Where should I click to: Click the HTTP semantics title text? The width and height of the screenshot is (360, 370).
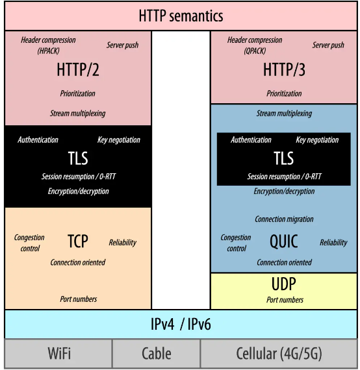pyautogui.click(x=181, y=16)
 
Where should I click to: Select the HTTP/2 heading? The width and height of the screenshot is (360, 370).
pyautogui.click(x=78, y=69)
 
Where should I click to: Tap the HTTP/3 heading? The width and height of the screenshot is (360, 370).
pyautogui.click(x=284, y=69)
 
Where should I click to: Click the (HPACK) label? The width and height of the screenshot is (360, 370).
pyautogui.click(x=49, y=51)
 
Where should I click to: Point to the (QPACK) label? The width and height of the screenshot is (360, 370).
pyautogui.click(x=255, y=51)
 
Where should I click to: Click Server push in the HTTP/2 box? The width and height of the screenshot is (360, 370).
pyautogui.click(x=122, y=45)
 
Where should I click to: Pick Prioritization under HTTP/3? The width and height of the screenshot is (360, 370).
pyautogui.click(x=284, y=93)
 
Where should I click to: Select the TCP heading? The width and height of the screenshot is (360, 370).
pyautogui.click(x=78, y=241)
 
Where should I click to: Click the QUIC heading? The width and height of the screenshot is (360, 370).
pyautogui.click(x=284, y=241)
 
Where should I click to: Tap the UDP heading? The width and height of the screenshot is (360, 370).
pyautogui.click(x=284, y=284)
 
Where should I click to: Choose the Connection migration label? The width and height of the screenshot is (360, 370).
pyautogui.click(x=284, y=219)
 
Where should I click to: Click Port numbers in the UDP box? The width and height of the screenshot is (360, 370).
pyautogui.click(x=285, y=300)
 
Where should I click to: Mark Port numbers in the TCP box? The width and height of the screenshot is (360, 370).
pyautogui.click(x=79, y=299)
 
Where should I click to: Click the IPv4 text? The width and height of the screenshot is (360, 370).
pyautogui.click(x=162, y=324)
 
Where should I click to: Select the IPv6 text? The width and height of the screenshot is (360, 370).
pyautogui.click(x=199, y=324)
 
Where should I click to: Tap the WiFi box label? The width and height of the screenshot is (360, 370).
pyautogui.click(x=59, y=353)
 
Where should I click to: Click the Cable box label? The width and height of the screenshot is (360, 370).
pyautogui.click(x=157, y=353)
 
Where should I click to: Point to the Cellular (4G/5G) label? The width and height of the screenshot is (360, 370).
pyautogui.click(x=279, y=354)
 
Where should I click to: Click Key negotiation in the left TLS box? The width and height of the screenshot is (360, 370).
pyautogui.click(x=119, y=140)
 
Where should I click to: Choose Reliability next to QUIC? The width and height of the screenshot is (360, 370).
pyautogui.click(x=333, y=243)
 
